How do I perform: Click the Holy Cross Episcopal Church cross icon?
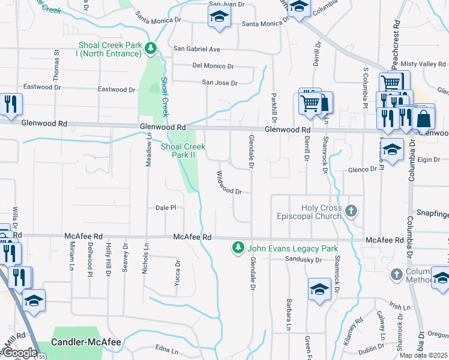[x=352, y=211]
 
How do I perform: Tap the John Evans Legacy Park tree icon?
[x=238, y=248]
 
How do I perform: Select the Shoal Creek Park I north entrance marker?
[x=152, y=48]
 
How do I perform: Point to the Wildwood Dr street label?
[x=228, y=185]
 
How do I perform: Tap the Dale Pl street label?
[x=165, y=208]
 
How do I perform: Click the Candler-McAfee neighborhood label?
[x=86, y=343]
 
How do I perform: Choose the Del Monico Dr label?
[x=213, y=66]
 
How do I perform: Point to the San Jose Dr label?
[x=219, y=83]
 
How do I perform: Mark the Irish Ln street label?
[x=399, y=307]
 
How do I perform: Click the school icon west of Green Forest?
[x=319, y=289]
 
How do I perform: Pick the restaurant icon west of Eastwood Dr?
[x=10, y=104]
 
